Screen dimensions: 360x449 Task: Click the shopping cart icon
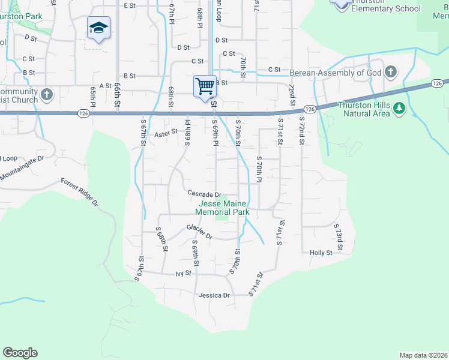coord(205,86)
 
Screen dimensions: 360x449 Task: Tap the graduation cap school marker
coord(98,28)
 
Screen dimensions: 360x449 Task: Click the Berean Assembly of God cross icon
coord(390,73)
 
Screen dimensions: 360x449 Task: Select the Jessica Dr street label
coord(214,295)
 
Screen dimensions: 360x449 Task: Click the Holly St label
coord(321,253)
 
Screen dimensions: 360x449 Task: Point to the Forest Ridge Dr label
coord(79,192)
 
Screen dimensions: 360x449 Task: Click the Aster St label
coord(166,133)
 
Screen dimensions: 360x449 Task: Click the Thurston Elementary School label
coord(385,9)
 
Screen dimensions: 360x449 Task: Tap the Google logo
coord(20,353)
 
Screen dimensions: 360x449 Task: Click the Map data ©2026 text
coord(423,355)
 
